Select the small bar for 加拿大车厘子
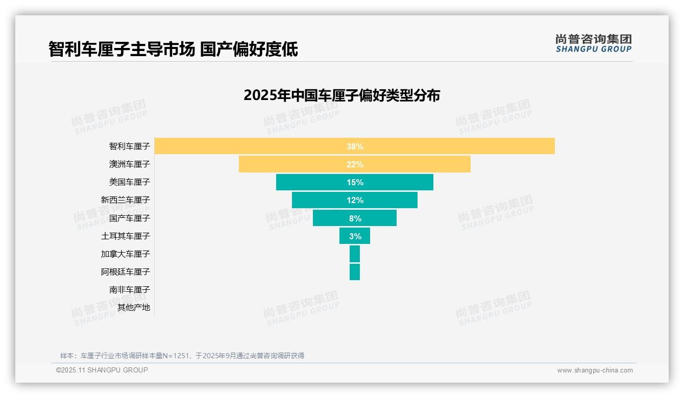click(x=355, y=254)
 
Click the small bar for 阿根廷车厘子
click(x=355, y=272)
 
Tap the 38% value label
click(x=355, y=146)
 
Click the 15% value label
click(x=355, y=182)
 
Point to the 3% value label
click(x=355, y=236)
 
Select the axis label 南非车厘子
click(x=130, y=290)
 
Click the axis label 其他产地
click(x=134, y=308)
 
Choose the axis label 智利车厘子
click(x=130, y=146)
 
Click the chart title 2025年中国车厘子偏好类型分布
click(x=341, y=95)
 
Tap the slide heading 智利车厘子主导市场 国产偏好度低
click(x=173, y=49)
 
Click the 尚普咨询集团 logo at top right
click(x=593, y=43)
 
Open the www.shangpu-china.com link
click(x=595, y=370)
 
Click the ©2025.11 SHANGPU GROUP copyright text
click(x=102, y=370)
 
